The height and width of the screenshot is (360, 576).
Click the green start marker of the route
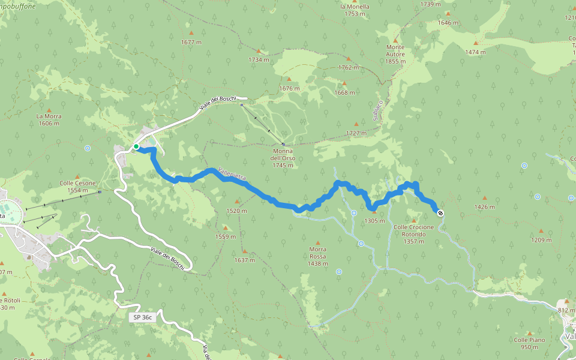[136, 146]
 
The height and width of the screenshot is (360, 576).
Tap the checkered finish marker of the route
[440, 212]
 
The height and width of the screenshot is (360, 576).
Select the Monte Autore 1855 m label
[395, 50]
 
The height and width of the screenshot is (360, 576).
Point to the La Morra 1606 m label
[49, 120]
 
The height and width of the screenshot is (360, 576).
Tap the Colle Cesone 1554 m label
[77, 187]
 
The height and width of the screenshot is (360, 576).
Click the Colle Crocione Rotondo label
[413, 230]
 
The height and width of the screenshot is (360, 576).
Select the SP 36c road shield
[142, 317]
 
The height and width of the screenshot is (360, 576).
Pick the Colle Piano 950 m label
[529, 343]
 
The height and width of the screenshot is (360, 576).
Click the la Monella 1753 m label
[355, 10]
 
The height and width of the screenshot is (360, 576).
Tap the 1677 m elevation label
[191, 42]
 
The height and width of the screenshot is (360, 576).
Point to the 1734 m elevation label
[259, 59]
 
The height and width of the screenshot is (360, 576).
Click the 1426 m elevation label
[484, 206]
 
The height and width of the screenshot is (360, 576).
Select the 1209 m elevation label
[541, 239]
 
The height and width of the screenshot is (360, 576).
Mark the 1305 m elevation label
[374, 220]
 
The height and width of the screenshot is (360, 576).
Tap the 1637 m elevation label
[245, 260]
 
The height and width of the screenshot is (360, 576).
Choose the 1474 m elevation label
[475, 52]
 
